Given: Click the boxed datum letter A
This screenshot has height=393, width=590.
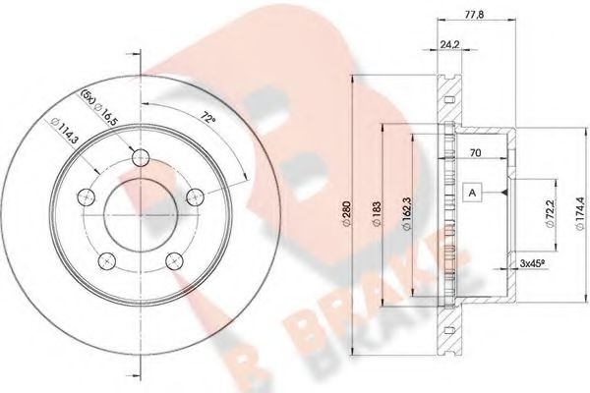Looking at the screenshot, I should pyautogui.click(x=473, y=193).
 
